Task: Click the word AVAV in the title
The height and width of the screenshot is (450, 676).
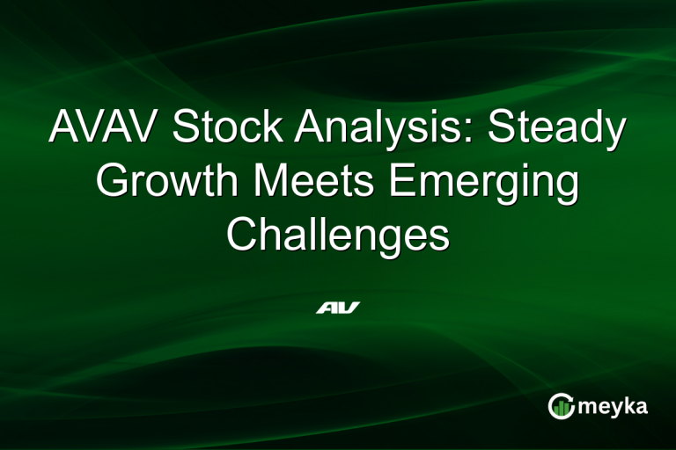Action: [x=105, y=129]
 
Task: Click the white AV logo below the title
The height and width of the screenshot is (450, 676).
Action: [x=338, y=308]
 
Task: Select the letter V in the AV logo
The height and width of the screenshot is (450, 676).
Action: [x=349, y=308]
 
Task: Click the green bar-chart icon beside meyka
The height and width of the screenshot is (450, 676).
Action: [x=561, y=405]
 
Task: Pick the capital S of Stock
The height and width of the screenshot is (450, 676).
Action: [x=187, y=129]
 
